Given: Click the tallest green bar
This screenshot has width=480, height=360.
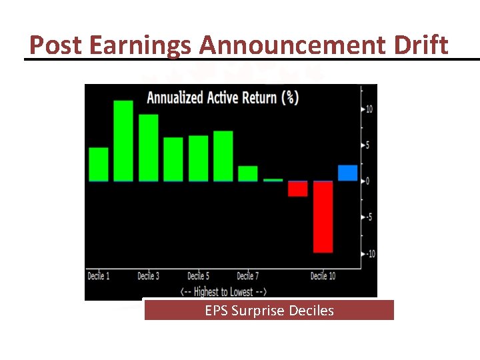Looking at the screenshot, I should point(123,141).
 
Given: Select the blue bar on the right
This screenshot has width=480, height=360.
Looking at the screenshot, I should point(347,173).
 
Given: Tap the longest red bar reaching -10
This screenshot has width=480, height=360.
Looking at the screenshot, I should point(323,217).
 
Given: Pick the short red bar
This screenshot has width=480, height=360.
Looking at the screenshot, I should point(297,189).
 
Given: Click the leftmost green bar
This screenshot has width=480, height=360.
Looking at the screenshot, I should point(98,164).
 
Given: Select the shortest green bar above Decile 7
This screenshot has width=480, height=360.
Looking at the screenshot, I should point(247,173).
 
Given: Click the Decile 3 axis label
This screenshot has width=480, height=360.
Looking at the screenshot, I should point(148,276).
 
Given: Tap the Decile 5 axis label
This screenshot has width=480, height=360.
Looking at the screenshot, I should point(198,276).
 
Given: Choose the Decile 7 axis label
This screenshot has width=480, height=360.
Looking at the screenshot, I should point(248,276).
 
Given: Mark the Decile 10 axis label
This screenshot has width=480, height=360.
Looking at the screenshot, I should point(323,276).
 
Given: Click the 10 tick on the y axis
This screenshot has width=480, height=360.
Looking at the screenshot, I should point(369,109).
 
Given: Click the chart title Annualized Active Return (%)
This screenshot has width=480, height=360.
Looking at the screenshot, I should point(223,97).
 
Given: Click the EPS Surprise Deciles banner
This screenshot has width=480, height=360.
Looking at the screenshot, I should point(269,311).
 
